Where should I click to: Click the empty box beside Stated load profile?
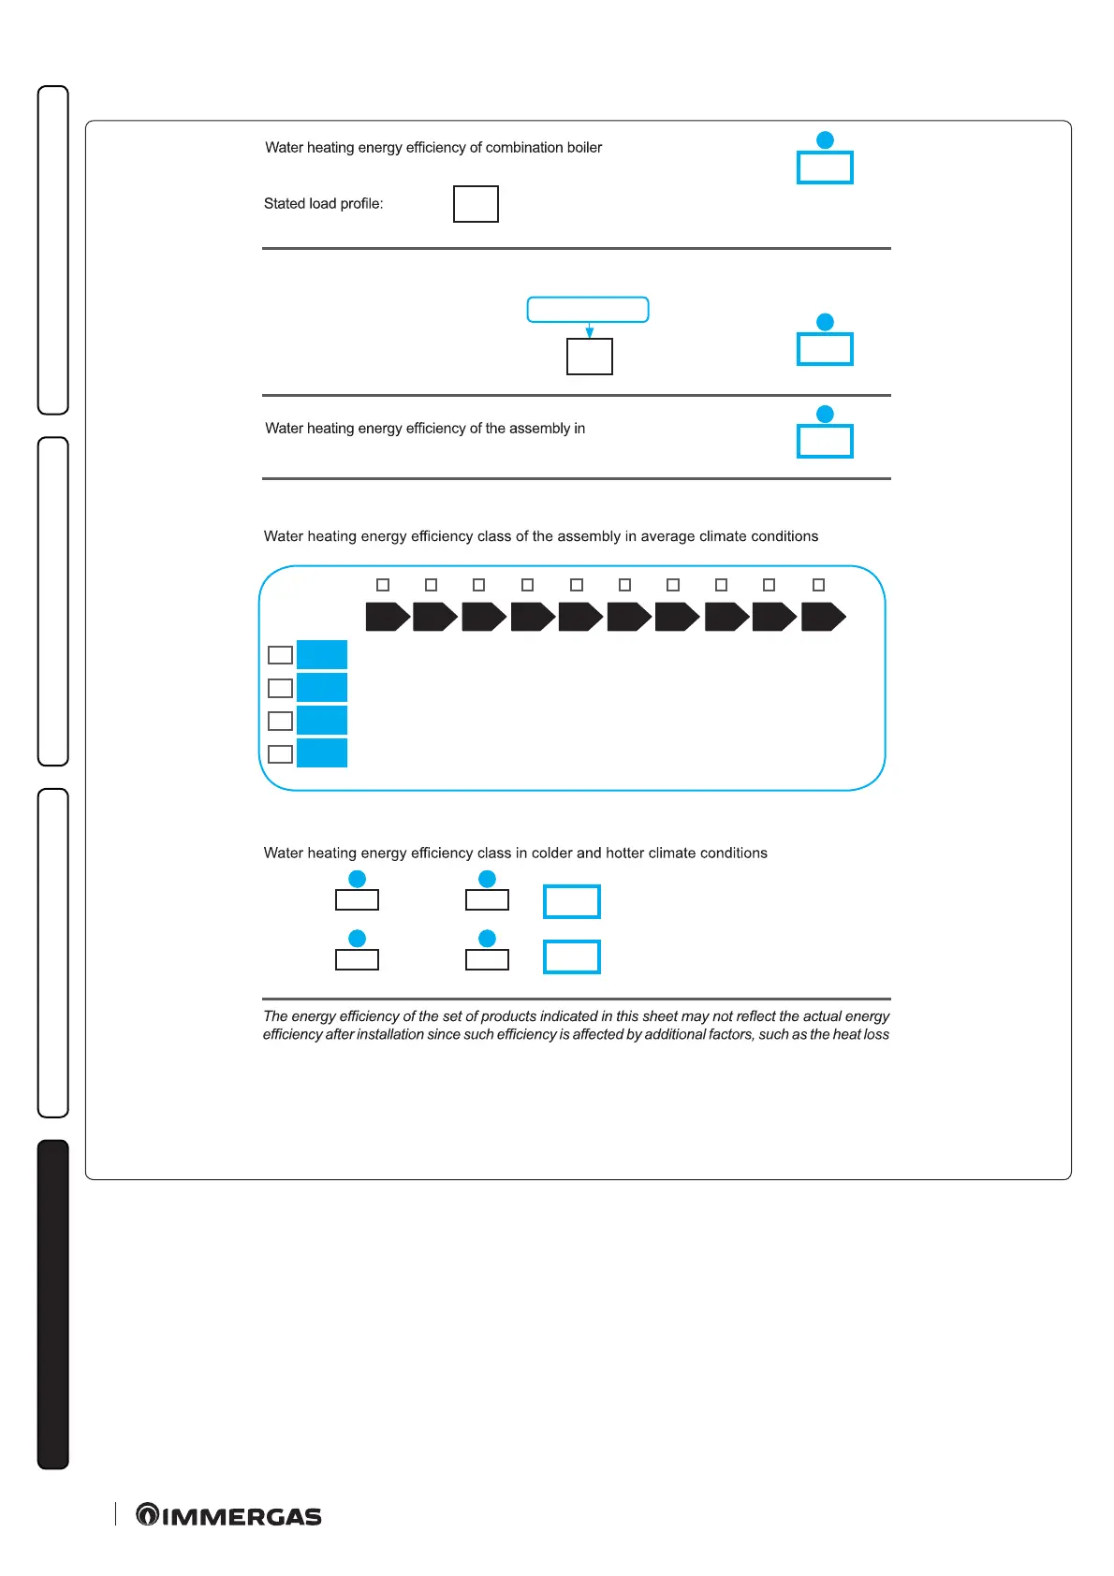click(476, 204)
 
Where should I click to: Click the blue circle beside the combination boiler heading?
click(825, 140)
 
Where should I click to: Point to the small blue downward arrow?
click(590, 331)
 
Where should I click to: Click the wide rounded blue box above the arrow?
click(588, 310)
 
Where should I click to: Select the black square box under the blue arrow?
click(590, 357)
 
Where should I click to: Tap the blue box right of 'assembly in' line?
click(825, 441)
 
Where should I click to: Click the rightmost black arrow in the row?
click(824, 617)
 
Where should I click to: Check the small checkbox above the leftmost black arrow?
click(383, 585)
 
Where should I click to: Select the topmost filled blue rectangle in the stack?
click(322, 654)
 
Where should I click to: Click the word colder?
click(551, 854)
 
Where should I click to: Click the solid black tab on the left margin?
click(53, 1304)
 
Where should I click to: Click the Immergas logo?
click(229, 1515)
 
